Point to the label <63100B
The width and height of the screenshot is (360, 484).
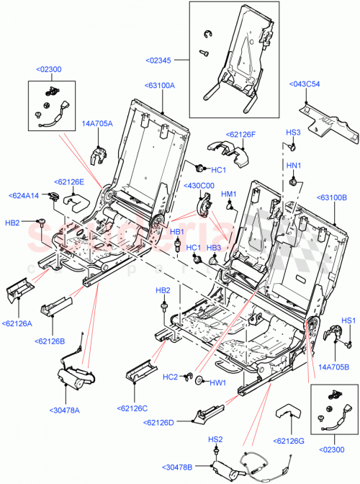(x=332, y=196)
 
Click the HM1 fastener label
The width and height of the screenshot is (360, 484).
(x=229, y=194)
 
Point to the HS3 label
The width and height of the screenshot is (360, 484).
(x=293, y=133)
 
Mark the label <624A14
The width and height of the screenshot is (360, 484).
(x=24, y=195)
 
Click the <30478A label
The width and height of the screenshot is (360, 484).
(x=65, y=411)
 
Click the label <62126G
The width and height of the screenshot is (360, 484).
(x=290, y=441)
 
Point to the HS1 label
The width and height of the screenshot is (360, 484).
(x=348, y=321)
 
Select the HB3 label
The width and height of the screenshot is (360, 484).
(x=213, y=248)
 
